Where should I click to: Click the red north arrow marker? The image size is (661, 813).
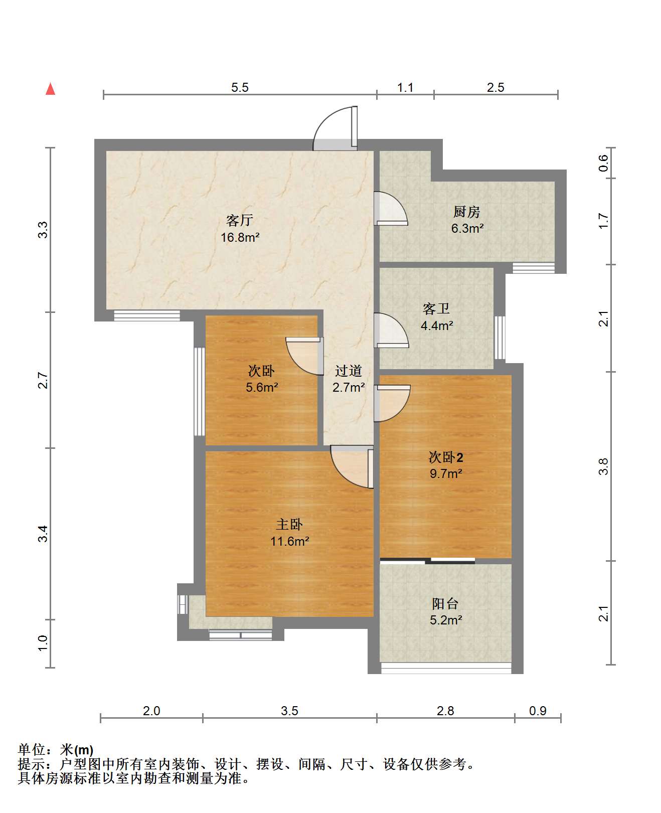tap(50, 89)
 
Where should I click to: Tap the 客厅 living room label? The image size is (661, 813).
tap(240, 220)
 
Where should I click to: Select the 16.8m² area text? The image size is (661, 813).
tap(240, 237)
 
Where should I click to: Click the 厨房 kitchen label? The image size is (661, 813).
tap(466, 212)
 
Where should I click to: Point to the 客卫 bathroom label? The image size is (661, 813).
tap(436, 308)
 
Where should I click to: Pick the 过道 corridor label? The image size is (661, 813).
tap(348, 370)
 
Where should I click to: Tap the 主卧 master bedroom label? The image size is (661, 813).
tap(289, 524)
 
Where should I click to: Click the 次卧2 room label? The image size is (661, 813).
tap(446, 457)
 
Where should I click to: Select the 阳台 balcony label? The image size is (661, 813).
tap(445, 603)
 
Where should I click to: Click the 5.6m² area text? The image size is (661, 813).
tap(262, 387)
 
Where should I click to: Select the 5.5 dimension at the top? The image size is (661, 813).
tap(240, 87)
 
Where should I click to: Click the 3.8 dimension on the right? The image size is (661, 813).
tap(603, 466)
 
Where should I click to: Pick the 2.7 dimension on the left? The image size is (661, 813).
tap(43, 380)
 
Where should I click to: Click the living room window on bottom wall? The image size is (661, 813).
tap(147, 315)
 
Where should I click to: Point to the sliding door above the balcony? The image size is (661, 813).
tap(427, 560)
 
